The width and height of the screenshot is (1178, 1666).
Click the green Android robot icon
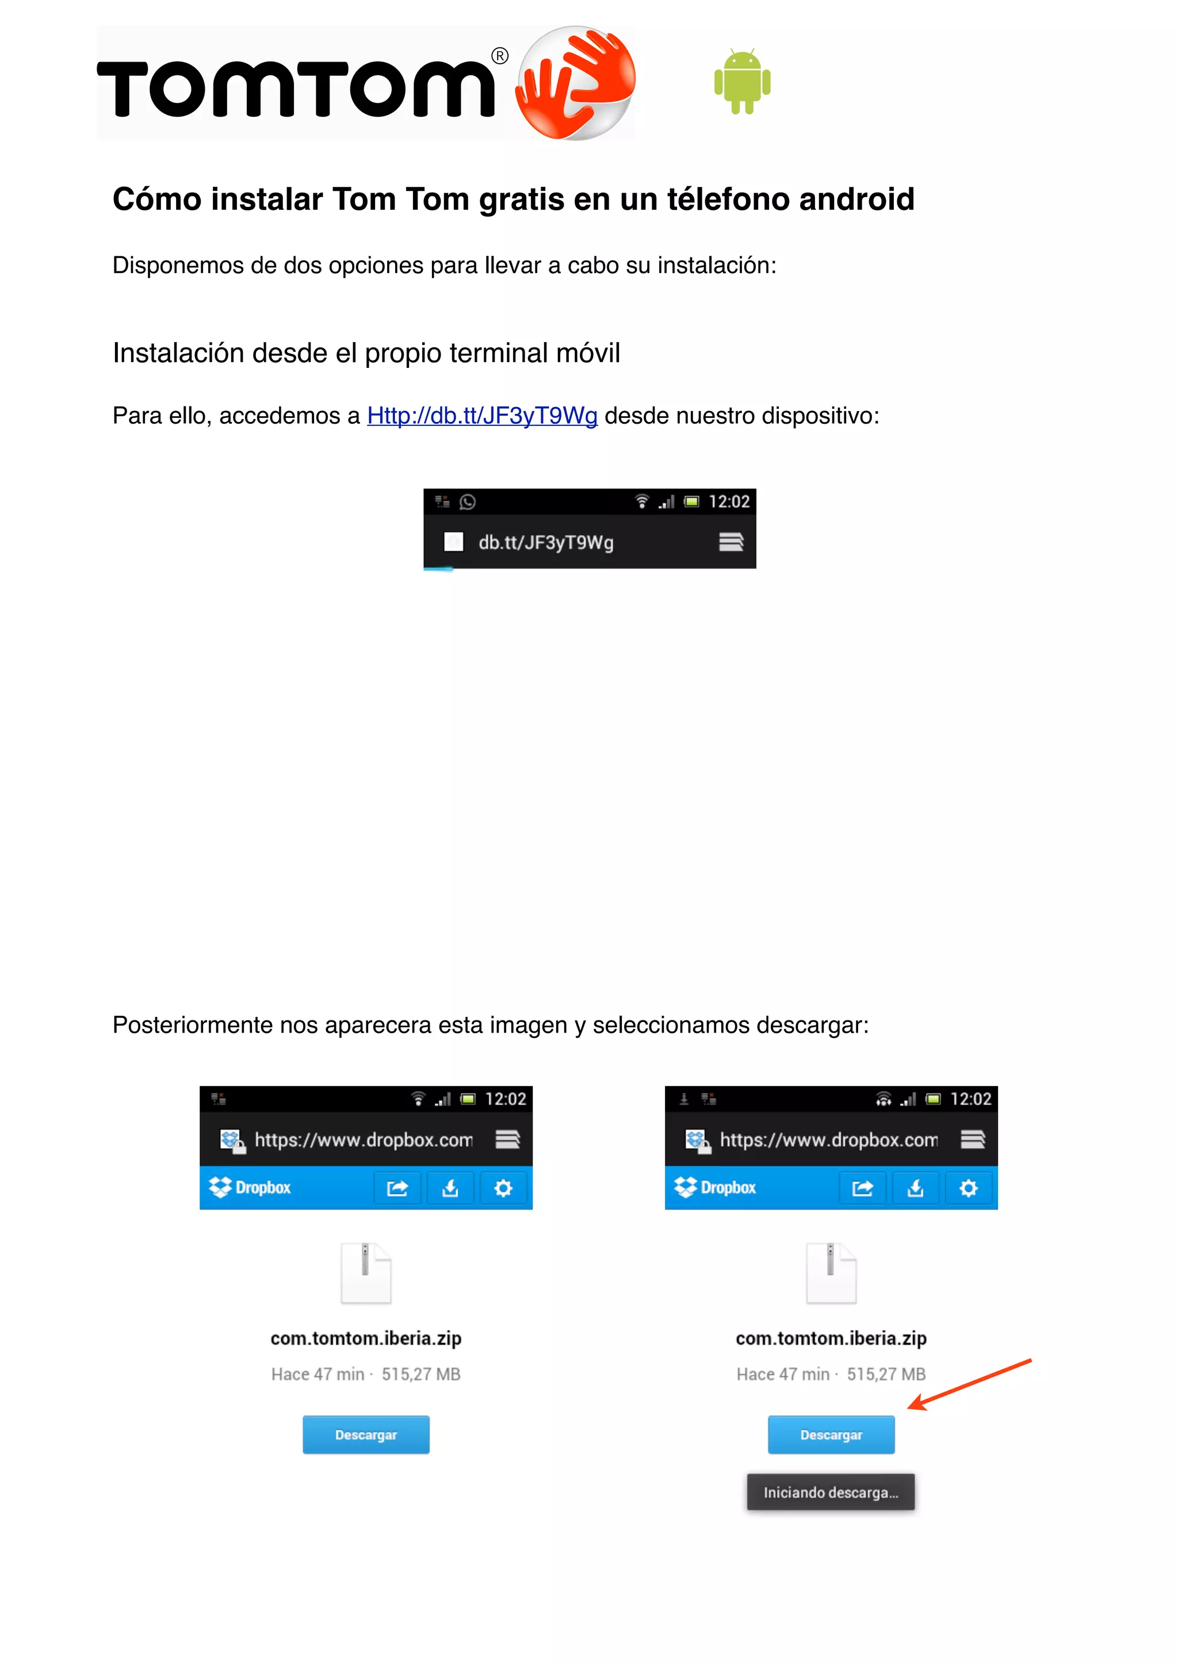tap(742, 81)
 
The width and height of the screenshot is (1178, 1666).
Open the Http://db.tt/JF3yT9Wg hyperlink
tap(482, 416)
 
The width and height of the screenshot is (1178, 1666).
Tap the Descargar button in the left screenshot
tap(366, 1434)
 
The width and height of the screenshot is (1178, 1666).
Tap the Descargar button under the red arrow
tap(831, 1434)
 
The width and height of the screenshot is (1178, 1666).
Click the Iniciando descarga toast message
tap(831, 1492)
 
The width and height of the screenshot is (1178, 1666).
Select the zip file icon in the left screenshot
tap(366, 1273)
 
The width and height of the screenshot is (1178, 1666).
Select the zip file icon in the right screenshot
tap(831, 1273)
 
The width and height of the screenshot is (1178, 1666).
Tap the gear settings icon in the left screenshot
tap(503, 1188)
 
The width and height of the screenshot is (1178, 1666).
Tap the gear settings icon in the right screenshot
tap(968, 1188)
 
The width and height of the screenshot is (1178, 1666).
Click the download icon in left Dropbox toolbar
tap(450, 1188)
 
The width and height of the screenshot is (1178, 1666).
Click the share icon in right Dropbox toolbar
tap(862, 1188)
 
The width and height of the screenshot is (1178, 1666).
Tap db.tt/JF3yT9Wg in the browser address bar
tap(546, 543)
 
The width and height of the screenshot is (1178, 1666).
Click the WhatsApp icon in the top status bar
tap(468, 502)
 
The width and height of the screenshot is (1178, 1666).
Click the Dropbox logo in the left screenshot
tap(250, 1187)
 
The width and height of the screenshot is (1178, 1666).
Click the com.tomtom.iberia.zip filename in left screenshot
tap(366, 1338)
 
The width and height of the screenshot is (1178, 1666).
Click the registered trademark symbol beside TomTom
tap(500, 56)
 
